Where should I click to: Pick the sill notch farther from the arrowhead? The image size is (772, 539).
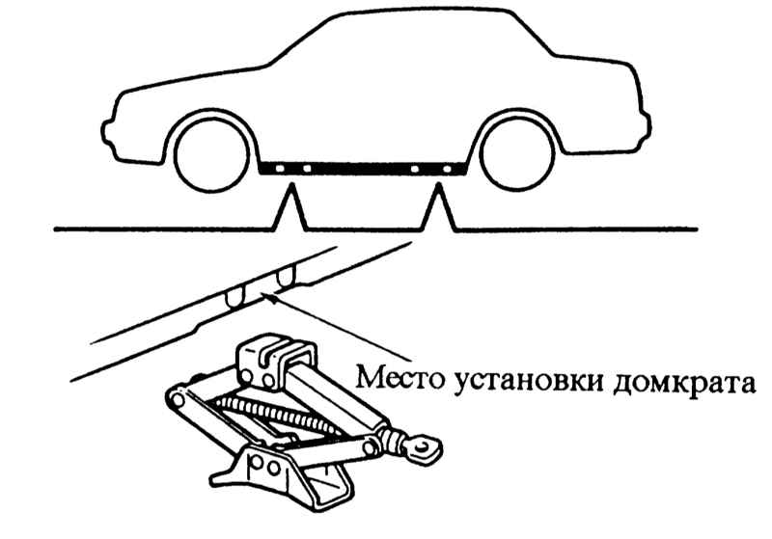(234, 295)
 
